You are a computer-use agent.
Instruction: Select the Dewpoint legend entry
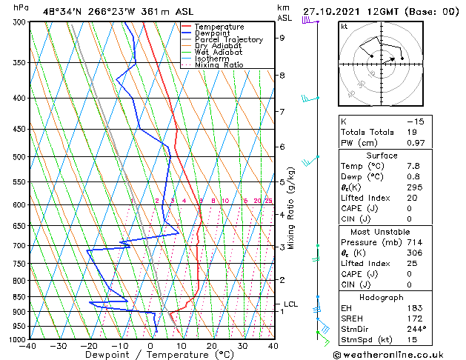click(210, 33)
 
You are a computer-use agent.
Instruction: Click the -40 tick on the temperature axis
click(29, 346)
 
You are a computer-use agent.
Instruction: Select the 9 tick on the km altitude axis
click(282, 38)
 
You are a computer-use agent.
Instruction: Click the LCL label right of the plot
click(291, 304)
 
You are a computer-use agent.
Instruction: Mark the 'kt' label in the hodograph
click(344, 26)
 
